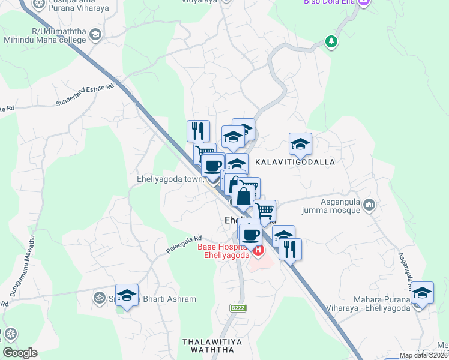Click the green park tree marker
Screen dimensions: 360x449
pos(330,41)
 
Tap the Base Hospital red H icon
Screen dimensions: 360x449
pos(258,250)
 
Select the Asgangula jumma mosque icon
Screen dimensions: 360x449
pos(369,206)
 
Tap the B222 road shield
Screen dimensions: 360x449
pos(238,308)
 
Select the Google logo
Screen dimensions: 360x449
pos(20,352)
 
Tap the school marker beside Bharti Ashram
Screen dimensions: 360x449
pos(127,295)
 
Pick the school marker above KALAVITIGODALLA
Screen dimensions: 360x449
pos(300,144)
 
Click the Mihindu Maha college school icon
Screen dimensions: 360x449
pos(95,35)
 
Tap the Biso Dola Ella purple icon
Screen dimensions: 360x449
pos(363,3)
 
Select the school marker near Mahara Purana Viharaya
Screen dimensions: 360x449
pos(422,292)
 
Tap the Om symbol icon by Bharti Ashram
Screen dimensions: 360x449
pos(97,298)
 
